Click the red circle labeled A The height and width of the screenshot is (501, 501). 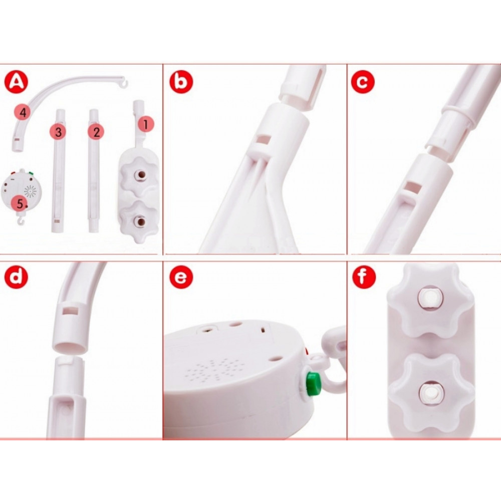pyautogui.click(x=16, y=82)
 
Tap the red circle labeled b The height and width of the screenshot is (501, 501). pyautogui.click(x=181, y=82)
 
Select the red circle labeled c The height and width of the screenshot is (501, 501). pyautogui.click(x=363, y=82)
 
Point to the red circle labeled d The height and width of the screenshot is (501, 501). pyautogui.click(x=16, y=277)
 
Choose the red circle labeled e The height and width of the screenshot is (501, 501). pyautogui.click(x=181, y=277)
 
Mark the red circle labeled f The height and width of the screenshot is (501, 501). pyautogui.click(x=364, y=277)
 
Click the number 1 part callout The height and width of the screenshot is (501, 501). pyautogui.click(x=146, y=124)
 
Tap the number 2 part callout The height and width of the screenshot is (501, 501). pyautogui.click(x=96, y=132)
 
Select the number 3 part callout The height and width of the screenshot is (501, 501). pyautogui.click(x=58, y=132)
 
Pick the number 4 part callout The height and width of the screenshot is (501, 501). pyautogui.click(x=23, y=112)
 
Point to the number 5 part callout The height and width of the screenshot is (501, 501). pyautogui.click(x=20, y=203)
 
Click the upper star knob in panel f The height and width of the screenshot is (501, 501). pyautogui.click(x=430, y=300)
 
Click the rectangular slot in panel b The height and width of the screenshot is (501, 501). pyautogui.click(x=264, y=140)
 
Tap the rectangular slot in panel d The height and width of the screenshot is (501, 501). pyautogui.click(x=71, y=311)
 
